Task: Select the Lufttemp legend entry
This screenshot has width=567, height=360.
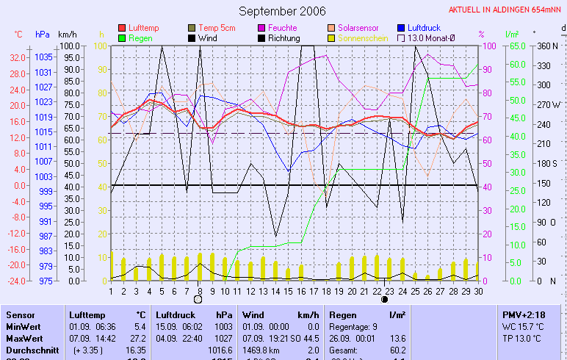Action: point(142,28)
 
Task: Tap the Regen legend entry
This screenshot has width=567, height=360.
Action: point(140,37)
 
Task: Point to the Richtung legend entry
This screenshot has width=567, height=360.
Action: point(283,37)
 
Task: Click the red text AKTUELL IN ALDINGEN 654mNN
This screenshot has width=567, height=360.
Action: point(507,10)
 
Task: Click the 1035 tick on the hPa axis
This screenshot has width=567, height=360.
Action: point(43,57)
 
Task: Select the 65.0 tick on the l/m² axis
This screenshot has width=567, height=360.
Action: point(516,46)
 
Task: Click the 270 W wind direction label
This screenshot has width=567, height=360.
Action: point(549,104)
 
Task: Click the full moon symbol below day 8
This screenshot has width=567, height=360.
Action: point(198,300)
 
